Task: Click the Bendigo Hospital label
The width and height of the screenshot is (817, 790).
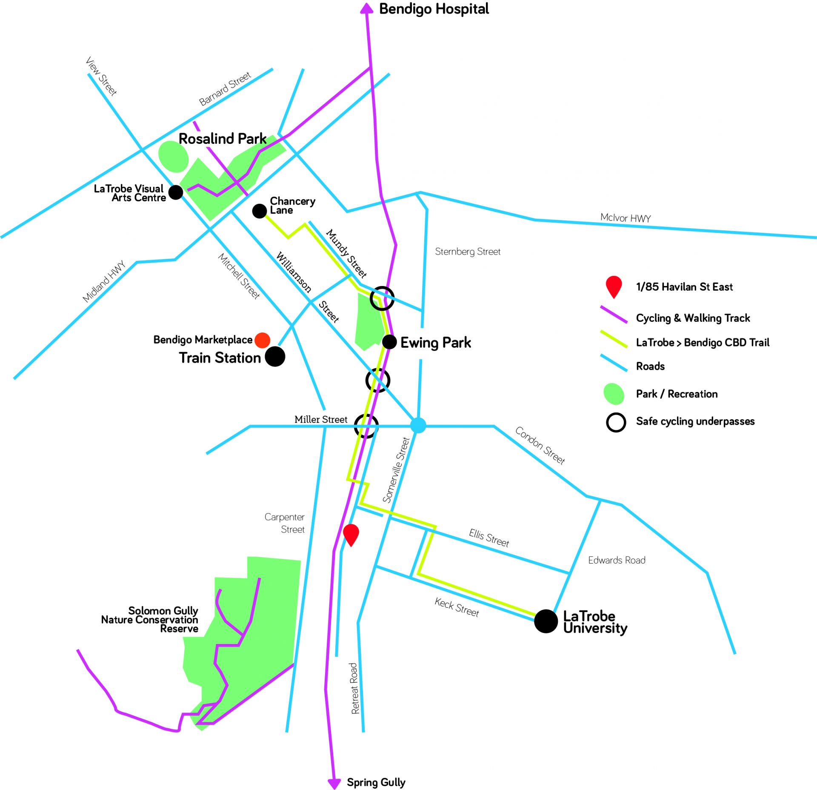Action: click(434, 9)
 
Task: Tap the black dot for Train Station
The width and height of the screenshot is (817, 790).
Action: click(275, 356)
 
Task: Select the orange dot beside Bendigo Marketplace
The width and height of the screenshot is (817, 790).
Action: click(262, 340)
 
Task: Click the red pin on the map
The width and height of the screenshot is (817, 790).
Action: click(351, 535)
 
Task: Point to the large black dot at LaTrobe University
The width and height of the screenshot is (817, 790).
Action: click(546, 621)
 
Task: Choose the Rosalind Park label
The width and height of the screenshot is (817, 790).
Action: click(223, 139)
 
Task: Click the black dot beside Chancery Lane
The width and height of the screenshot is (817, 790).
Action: click(260, 211)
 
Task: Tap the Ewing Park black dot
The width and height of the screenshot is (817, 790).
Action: click(389, 342)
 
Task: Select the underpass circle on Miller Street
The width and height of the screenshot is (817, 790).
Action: click(366, 426)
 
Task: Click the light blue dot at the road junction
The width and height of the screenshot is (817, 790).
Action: click(418, 425)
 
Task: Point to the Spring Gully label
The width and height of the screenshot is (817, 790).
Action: click(376, 782)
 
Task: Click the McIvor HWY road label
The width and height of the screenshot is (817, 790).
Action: click(626, 218)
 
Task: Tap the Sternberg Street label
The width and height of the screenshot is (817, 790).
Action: click(468, 252)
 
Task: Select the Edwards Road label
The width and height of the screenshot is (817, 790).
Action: click(617, 560)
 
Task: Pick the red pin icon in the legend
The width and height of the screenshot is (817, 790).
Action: click(614, 287)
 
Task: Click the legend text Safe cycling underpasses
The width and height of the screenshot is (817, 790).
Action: click(695, 421)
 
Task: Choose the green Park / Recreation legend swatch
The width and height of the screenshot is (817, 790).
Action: click(614, 394)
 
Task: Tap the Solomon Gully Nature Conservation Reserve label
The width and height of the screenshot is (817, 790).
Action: click(150, 620)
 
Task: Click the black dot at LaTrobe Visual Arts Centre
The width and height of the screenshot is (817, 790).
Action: click(176, 192)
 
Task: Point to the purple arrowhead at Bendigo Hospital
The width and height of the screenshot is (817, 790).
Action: click(366, 9)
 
